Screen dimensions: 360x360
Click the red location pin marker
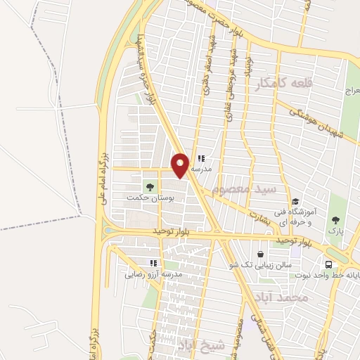[x=181, y=166]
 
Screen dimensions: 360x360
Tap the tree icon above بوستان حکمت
[x=149, y=186]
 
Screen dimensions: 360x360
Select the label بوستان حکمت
[x=150, y=198]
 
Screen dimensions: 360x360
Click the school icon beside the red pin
[x=201, y=158]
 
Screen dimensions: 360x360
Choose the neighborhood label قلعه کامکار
[x=283, y=84]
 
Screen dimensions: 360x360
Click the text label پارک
[x=335, y=230]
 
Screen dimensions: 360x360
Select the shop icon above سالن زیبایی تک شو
[x=261, y=255]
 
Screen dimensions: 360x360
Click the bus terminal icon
[x=328, y=264]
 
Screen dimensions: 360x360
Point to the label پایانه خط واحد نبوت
[x=330, y=276]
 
